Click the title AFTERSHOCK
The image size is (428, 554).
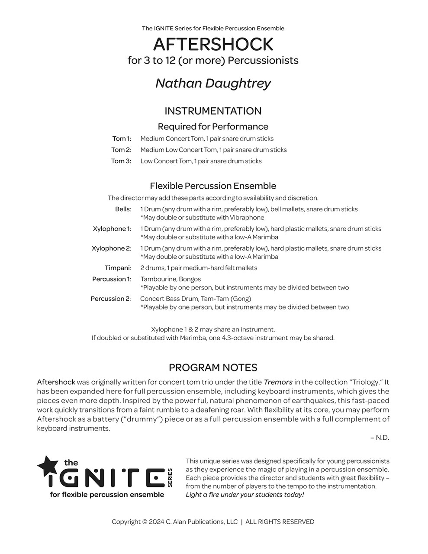(x=213, y=44)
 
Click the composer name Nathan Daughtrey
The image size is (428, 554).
(x=213, y=83)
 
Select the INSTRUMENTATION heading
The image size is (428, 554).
(x=213, y=111)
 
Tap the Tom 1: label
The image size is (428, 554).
(x=122, y=139)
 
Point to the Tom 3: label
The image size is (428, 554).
(x=121, y=161)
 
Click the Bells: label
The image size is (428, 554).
(x=123, y=209)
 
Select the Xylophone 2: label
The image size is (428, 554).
(x=111, y=248)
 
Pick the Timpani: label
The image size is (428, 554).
(x=117, y=268)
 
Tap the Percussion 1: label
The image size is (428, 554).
(x=111, y=279)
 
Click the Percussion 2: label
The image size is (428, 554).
(x=111, y=299)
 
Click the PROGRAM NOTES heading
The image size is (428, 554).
(x=213, y=367)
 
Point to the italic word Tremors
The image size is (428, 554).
(x=278, y=382)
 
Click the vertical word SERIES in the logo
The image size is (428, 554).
(x=170, y=477)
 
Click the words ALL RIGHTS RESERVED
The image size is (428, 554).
(x=280, y=522)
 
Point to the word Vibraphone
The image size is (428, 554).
(x=247, y=218)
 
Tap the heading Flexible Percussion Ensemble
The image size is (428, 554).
(x=213, y=186)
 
